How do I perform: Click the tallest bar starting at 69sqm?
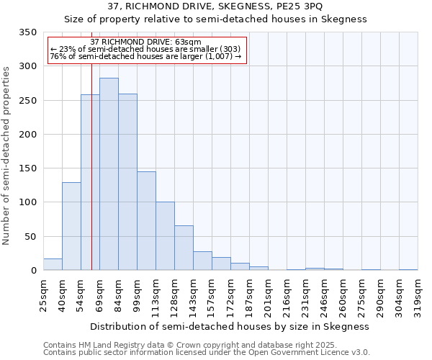click(109, 174)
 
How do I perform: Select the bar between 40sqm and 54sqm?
click(71, 226)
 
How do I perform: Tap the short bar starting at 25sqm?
click(53, 264)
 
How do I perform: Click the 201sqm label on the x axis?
click(268, 294)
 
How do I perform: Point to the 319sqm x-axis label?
click(418, 294)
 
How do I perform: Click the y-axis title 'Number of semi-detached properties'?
click(7, 155)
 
